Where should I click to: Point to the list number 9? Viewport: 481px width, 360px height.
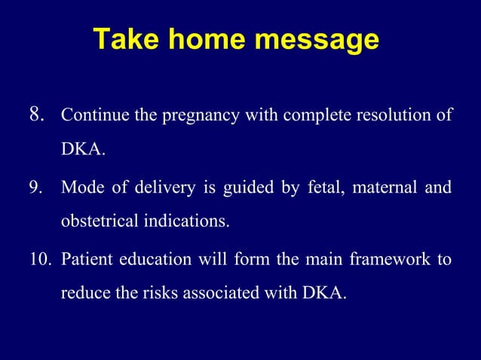(x=36, y=187)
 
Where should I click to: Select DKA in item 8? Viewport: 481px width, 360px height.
(x=82, y=151)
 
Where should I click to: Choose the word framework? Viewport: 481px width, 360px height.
(x=389, y=259)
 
